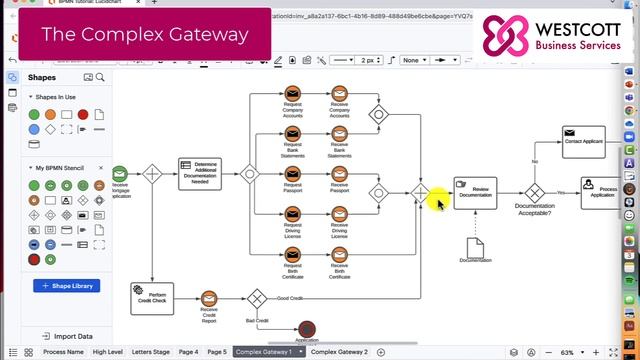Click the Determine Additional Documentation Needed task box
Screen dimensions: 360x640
(x=199, y=172)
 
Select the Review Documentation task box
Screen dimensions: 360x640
(x=474, y=192)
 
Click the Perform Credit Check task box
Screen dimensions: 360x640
(x=151, y=297)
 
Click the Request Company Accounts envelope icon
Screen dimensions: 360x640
(x=293, y=94)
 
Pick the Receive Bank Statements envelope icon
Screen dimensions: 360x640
(x=339, y=133)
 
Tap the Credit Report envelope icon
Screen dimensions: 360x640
(x=209, y=298)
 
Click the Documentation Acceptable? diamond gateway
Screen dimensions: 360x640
(x=535, y=192)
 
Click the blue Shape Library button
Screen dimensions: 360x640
(x=66, y=286)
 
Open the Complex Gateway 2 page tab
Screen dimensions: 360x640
(x=339, y=352)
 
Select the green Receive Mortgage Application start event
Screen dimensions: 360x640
(x=120, y=172)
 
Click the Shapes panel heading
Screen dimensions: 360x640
(x=42, y=77)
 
